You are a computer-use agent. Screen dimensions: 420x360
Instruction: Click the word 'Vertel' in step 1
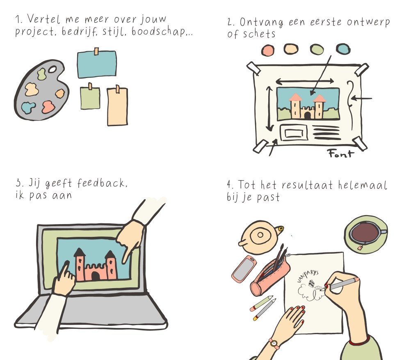43,19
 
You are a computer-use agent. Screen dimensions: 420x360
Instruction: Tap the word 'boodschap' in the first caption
158,32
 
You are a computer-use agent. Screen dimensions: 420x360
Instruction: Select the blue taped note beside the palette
97,64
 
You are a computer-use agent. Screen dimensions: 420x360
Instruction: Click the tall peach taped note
117,106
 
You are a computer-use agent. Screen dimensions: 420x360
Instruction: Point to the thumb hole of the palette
52,70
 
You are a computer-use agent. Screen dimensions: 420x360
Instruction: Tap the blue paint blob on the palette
28,108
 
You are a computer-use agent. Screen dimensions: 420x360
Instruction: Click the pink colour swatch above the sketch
267,50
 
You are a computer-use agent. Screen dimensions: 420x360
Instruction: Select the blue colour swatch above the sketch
343,49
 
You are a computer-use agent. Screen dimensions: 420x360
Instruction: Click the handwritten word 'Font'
341,154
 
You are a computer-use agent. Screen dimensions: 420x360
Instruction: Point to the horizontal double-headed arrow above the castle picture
305,81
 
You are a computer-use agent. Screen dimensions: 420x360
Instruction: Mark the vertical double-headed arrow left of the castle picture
269,108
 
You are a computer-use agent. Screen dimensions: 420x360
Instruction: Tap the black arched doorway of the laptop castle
96,276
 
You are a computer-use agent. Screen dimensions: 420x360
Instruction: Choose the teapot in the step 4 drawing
260,236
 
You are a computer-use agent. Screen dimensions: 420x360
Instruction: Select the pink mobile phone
244,268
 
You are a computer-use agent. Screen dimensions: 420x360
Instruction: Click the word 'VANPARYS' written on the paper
307,276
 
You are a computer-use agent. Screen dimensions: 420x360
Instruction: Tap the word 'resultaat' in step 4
307,185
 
